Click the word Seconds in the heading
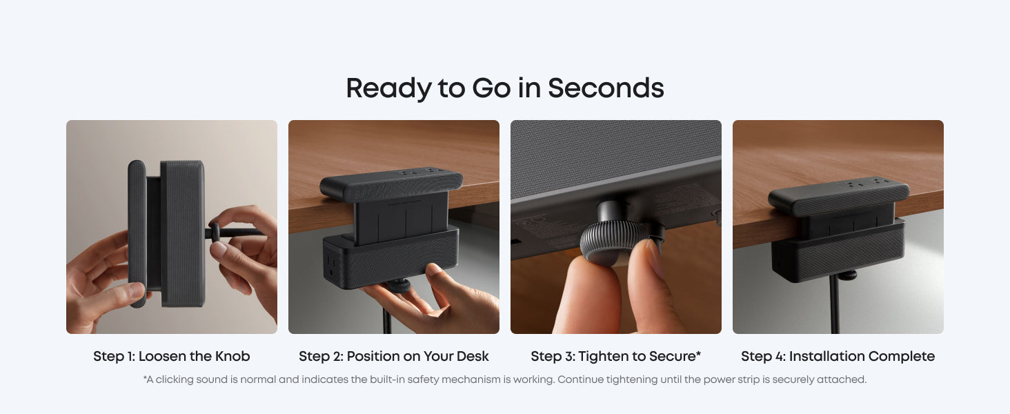coord(606,88)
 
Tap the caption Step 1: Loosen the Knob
coord(171,356)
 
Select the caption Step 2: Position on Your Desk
coord(394,356)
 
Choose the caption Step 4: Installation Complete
coord(838,356)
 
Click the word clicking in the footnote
coord(175,379)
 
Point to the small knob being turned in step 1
coord(215,233)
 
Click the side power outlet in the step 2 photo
coord(333,265)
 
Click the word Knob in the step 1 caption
coord(232,356)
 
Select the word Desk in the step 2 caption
coord(472,356)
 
